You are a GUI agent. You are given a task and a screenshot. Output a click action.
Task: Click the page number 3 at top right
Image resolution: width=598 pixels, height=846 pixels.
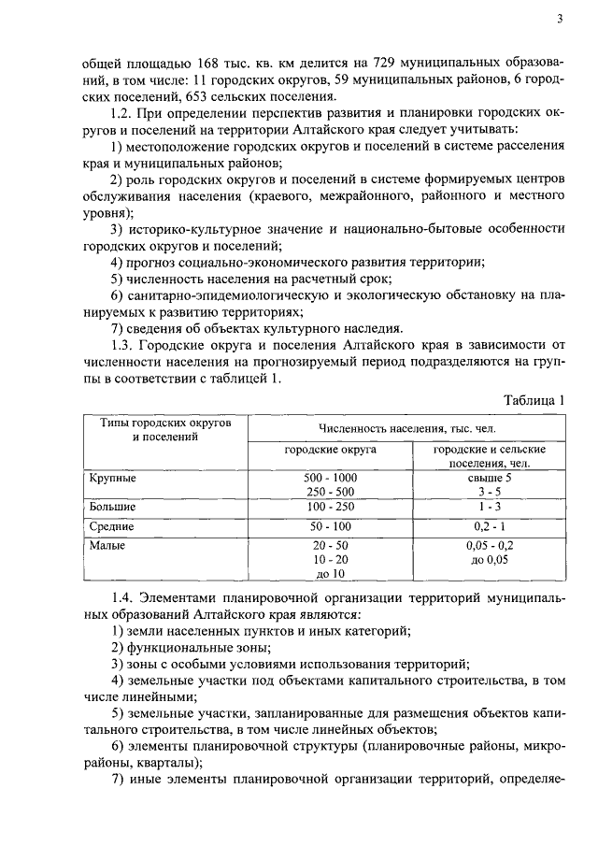(x=559, y=18)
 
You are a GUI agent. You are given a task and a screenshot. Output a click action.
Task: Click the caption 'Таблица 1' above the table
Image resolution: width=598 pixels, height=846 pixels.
(x=534, y=400)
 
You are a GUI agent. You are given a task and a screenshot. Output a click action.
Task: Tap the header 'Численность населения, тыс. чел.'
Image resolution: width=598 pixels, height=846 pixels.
(x=406, y=428)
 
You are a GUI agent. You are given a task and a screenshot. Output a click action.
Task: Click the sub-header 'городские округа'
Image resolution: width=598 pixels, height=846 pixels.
(x=331, y=451)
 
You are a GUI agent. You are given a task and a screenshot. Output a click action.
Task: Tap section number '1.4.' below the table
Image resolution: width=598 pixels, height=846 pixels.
(x=124, y=597)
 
